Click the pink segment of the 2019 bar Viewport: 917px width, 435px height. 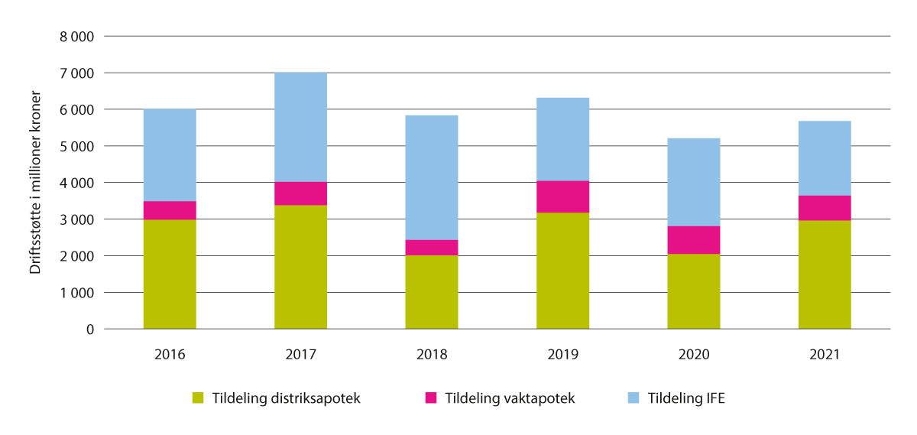[x=562, y=196]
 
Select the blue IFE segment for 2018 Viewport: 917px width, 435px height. [x=432, y=177]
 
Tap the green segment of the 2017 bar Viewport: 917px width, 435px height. [x=300, y=267]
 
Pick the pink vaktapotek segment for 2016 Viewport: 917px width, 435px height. [x=170, y=210]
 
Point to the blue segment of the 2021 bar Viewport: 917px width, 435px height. [x=825, y=158]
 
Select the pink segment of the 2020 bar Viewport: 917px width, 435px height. [x=694, y=240]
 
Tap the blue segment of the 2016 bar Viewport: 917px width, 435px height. [x=170, y=155]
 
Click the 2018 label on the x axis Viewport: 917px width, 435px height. [x=432, y=355]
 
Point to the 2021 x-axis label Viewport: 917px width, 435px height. [x=825, y=355]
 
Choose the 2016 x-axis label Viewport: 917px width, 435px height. [x=170, y=355]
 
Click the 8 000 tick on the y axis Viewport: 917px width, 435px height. [x=77, y=37]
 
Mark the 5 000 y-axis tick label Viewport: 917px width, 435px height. [x=77, y=146]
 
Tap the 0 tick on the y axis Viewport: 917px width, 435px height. [x=89, y=329]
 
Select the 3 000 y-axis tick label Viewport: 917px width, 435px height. [x=77, y=219]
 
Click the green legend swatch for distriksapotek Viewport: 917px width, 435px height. [x=199, y=398]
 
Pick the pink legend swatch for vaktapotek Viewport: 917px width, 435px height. [x=432, y=398]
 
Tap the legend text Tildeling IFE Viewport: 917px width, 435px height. [x=685, y=398]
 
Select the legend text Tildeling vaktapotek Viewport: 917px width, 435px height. [x=509, y=398]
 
